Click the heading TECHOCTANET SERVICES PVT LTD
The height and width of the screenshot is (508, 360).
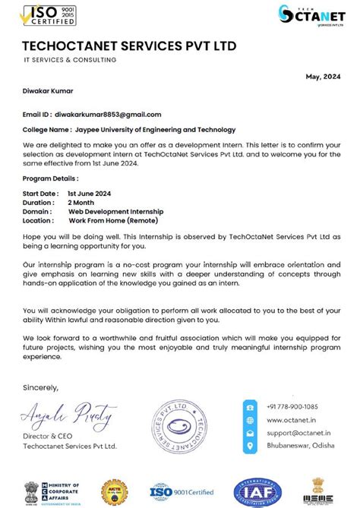[129, 46]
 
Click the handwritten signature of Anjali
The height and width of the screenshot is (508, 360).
[69, 416]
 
